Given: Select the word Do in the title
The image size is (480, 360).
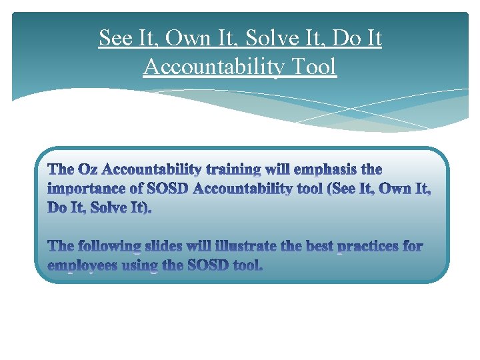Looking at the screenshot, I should tap(347, 39).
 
